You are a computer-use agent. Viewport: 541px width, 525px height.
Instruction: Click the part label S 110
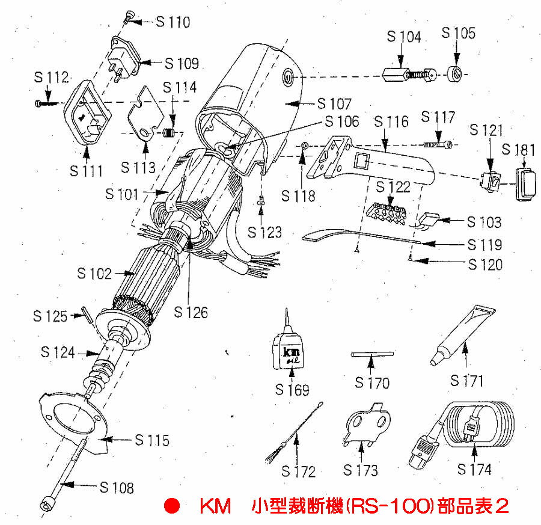tap(173, 22)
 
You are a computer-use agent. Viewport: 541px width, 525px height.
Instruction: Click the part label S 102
tap(94, 274)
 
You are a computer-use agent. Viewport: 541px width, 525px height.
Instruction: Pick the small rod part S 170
tap(372, 355)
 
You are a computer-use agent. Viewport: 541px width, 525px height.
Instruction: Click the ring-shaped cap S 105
tap(456, 75)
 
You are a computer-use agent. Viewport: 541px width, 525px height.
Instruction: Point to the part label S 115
tap(152, 440)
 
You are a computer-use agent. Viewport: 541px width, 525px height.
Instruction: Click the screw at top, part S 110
tap(129, 17)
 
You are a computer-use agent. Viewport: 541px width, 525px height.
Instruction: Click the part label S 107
tap(334, 103)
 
